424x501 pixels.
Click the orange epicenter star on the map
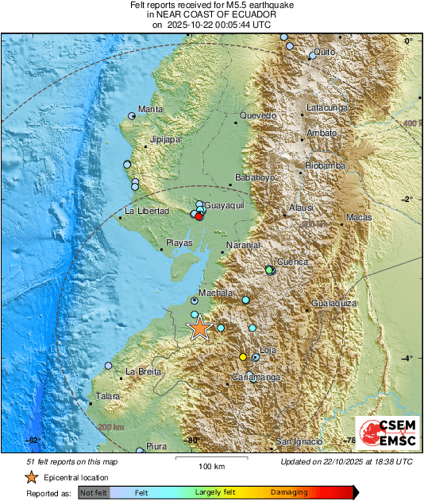(x=199, y=328)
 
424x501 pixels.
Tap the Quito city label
(x=322, y=52)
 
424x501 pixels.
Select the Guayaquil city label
(x=223, y=206)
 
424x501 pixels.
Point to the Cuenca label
(x=291, y=262)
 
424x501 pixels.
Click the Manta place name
(x=151, y=109)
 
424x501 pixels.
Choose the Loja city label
(x=268, y=350)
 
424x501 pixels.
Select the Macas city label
(x=359, y=217)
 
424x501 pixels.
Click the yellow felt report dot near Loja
(x=243, y=357)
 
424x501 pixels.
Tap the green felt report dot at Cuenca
(x=270, y=270)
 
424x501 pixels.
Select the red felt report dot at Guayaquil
(x=199, y=216)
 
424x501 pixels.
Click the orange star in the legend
(x=31, y=477)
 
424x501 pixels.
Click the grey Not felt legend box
(x=94, y=493)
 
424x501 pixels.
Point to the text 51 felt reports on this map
(x=72, y=461)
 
